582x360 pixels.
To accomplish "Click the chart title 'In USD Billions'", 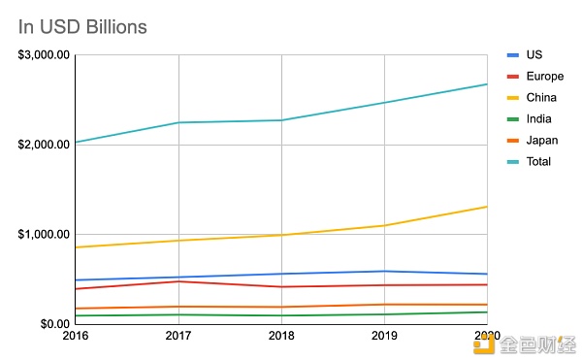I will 82,26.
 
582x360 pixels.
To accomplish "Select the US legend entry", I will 533,54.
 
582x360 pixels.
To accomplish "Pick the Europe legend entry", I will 541,76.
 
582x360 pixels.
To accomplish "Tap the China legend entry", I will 539,97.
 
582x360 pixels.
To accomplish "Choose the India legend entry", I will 537,118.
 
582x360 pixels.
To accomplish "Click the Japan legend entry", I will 540,140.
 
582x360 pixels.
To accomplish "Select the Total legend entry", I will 537,161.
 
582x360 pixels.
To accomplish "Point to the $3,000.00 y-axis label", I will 44,55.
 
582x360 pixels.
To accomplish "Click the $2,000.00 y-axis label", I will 44,145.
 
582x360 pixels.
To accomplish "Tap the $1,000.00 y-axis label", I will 44,235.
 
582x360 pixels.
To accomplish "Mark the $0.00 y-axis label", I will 53,324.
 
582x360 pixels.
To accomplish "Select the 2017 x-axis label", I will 179,336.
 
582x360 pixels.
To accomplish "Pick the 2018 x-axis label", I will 281,336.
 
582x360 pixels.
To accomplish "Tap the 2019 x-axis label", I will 384,336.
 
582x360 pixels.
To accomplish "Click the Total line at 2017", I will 179,122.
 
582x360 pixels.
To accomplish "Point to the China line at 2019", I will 384,225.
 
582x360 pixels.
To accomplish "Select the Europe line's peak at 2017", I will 179,281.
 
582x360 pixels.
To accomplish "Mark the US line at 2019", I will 384,271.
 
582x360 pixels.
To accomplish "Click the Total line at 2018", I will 281,120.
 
